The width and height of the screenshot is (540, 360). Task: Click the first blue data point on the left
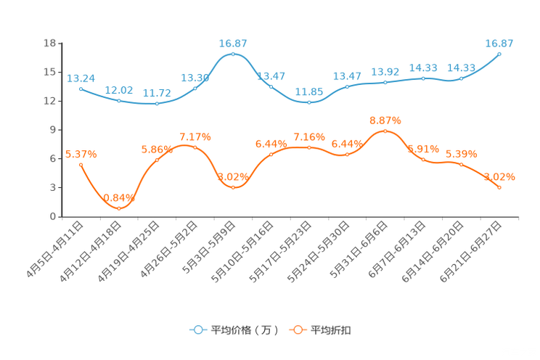tap(81, 89)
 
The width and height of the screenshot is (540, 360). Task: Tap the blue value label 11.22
tap(157, 94)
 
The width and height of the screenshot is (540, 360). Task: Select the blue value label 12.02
tap(119, 91)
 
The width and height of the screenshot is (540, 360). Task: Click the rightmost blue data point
tap(499, 54)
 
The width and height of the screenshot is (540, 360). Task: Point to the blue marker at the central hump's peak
tap(233, 54)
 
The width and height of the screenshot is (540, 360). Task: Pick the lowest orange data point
tap(119, 208)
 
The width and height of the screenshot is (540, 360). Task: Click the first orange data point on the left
tap(81, 164)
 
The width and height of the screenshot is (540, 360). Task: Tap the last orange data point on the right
tap(499, 188)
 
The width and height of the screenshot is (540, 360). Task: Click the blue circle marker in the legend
tap(197, 330)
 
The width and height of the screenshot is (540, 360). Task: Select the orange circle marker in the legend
tap(298, 330)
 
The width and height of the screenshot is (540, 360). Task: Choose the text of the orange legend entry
tap(331, 330)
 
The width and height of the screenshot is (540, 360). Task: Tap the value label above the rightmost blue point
tap(499, 44)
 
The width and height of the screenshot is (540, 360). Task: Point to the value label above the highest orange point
tap(385, 120)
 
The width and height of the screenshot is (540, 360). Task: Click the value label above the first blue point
tap(81, 78)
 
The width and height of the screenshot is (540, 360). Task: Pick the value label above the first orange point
tap(81, 153)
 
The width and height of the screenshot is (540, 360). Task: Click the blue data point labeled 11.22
tap(157, 104)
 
